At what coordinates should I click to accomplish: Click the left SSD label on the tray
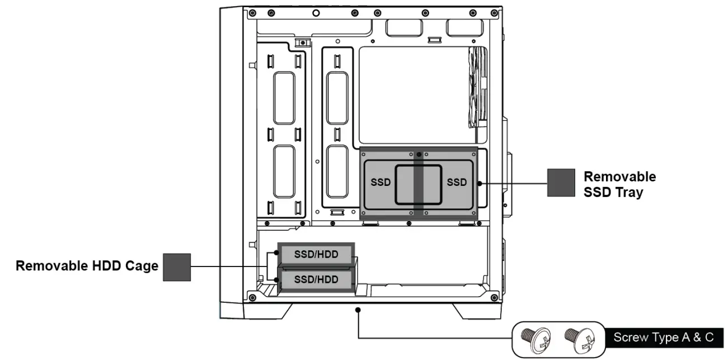pyautogui.click(x=381, y=183)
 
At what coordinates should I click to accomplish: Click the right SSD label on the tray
pyautogui.click(x=457, y=183)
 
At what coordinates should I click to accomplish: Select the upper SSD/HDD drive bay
pyautogui.click(x=316, y=254)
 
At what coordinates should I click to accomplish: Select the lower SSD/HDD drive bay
pyautogui.click(x=316, y=279)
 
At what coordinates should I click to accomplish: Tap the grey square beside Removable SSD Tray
pyautogui.click(x=561, y=183)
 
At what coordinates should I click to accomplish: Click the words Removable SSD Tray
pyautogui.click(x=619, y=184)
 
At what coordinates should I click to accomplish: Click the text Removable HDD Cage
pyautogui.click(x=87, y=266)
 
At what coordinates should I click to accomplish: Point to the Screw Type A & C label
pyautogui.click(x=663, y=338)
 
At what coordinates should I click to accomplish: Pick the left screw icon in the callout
pyautogui.click(x=532, y=338)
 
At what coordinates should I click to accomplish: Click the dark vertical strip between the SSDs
pyautogui.click(x=419, y=185)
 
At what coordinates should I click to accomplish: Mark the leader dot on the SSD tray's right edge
pyautogui.click(x=480, y=183)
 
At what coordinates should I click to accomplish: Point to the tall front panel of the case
pyautogui.click(x=231, y=157)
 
